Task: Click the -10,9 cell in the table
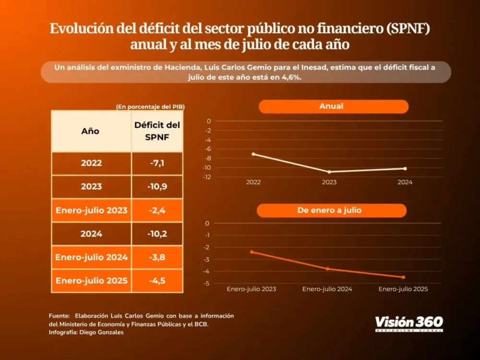pos(157,186)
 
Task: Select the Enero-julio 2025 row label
pos(91,281)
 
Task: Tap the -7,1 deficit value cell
pos(157,163)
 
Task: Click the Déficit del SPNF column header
pos(157,131)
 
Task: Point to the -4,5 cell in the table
pos(157,281)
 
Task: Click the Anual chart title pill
pos(333,106)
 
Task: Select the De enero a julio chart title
pos(332,210)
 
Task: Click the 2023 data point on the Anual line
pos(329,171)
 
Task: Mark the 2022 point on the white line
pos(253,154)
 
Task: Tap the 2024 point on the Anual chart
pos(405,168)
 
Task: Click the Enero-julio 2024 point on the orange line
pos(328,269)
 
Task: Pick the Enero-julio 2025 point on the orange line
pos(403,277)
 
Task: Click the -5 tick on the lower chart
pos(207,283)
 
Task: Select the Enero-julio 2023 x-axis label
pos(252,289)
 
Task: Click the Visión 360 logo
pos(408,323)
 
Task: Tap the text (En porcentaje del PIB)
pos(150,107)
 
